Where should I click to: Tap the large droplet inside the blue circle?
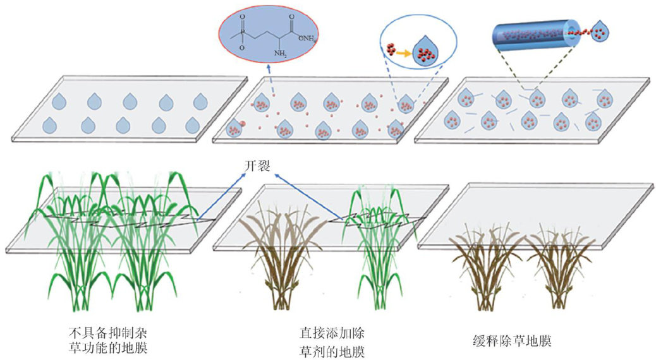point(425,52)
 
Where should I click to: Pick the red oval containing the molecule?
point(269,37)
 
